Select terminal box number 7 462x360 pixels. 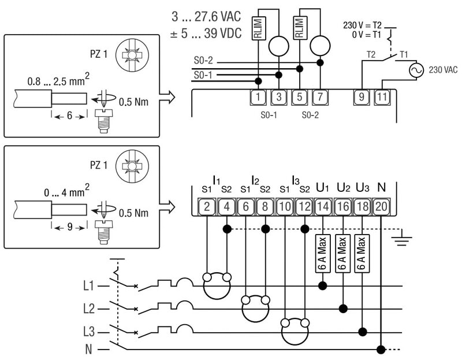[320, 97]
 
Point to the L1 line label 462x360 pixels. [88, 285]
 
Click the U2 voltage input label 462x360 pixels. [344, 188]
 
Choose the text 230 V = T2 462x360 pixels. [363, 26]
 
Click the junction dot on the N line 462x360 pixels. [381, 350]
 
